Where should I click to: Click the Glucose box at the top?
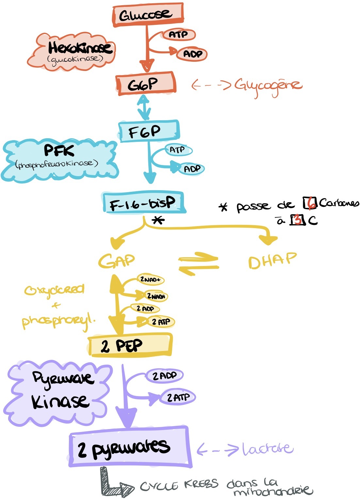pyautogui.click(x=147, y=15)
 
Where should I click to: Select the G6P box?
pyautogui.click(x=146, y=84)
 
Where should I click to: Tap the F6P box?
pyautogui.click(x=149, y=131)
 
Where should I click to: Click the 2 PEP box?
pyautogui.click(x=130, y=345)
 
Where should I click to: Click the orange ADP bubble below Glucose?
pyautogui.click(x=192, y=54)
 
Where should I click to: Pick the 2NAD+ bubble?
pyautogui.click(x=150, y=279)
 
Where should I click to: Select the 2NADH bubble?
pyautogui.click(x=156, y=296)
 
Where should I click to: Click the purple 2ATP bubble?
pyautogui.click(x=178, y=397)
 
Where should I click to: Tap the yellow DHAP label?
pyautogui.click(x=272, y=260)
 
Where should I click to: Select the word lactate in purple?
pyautogui.click(x=267, y=449)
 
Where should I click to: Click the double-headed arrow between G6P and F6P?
pyautogui.click(x=144, y=107)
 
